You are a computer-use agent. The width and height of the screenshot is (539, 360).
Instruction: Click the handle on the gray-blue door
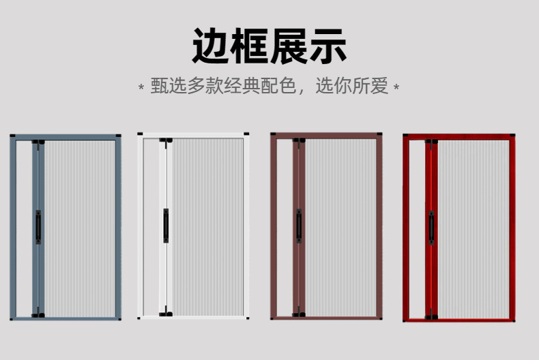38,226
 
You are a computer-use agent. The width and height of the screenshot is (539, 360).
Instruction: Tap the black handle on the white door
165,225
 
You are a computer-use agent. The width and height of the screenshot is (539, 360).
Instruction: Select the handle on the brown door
298,226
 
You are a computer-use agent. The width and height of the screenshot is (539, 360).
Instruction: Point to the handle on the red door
431,227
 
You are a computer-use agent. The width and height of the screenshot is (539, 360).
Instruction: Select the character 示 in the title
328,47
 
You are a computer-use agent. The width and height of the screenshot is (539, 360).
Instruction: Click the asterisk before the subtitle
141,88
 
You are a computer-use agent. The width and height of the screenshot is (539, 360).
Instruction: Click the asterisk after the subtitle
397,88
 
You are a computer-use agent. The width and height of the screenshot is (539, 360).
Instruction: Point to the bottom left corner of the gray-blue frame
13,317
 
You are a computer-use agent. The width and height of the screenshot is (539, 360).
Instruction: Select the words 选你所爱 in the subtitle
351,87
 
